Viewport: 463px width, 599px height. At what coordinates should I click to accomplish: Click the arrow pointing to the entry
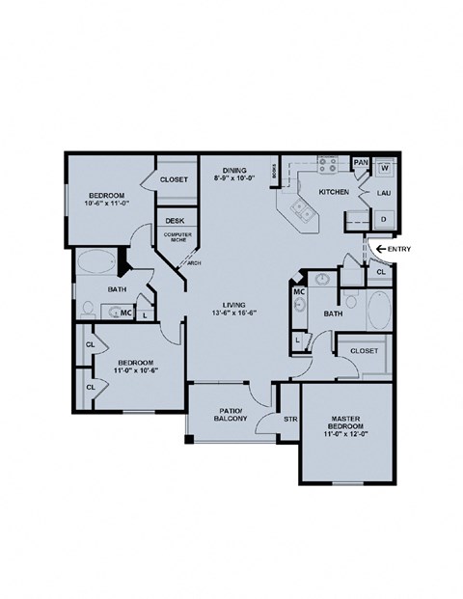pyautogui.click(x=382, y=249)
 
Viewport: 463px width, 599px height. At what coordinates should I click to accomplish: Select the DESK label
pyautogui.click(x=175, y=220)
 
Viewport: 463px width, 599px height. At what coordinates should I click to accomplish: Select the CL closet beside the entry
pyautogui.click(x=380, y=273)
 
